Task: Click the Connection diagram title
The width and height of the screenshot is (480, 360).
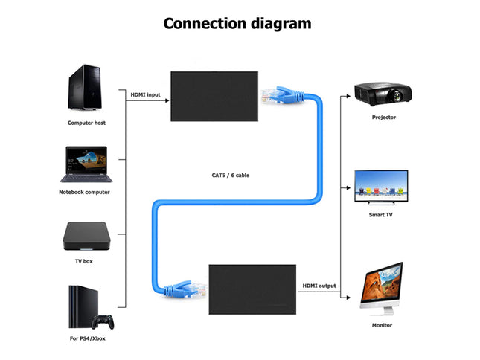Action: coord(237,23)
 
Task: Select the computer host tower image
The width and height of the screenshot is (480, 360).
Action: coord(86,88)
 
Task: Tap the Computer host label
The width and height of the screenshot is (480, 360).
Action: coord(86,123)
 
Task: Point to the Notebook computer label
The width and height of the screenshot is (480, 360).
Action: coord(84,192)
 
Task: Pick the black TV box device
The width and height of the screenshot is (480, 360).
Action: coord(86,236)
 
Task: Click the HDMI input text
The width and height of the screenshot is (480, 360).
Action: coord(145,94)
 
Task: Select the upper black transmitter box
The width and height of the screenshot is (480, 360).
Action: coord(214,96)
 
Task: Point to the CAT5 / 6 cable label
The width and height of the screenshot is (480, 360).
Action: coord(231,176)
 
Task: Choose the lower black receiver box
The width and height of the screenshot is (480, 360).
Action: coord(252,286)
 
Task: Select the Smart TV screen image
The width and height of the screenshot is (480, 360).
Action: coord(380,186)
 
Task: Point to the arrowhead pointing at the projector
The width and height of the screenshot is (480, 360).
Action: coord(348,95)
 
